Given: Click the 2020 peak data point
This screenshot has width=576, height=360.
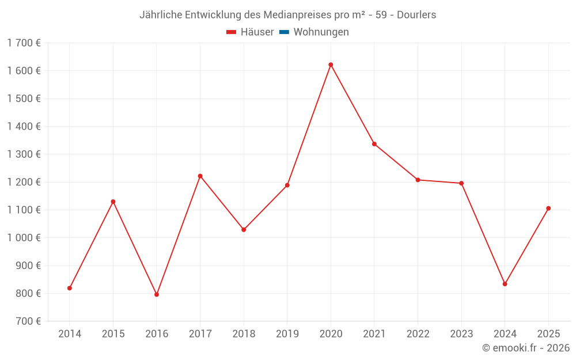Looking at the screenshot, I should pyautogui.click(x=331, y=65).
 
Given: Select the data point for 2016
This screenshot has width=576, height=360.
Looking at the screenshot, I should pyautogui.click(x=157, y=294).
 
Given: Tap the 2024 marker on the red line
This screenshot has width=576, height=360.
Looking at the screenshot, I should pyautogui.click(x=505, y=284).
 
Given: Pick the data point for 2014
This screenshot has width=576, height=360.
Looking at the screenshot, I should pyautogui.click(x=70, y=288).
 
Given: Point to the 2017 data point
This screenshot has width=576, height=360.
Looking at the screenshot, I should pyautogui.click(x=200, y=176).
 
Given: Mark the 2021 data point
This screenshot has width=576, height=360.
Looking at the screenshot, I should pyautogui.click(x=374, y=144).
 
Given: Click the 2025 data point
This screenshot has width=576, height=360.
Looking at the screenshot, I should pyautogui.click(x=548, y=209).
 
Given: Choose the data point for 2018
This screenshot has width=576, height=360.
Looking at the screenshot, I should pyautogui.click(x=244, y=230).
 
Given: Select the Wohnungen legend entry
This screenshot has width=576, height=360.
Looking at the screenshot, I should pyautogui.click(x=321, y=32).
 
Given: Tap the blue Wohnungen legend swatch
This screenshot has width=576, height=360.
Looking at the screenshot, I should pyautogui.click(x=284, y=32).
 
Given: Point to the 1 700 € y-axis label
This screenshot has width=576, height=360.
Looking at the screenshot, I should pyautogui.click(x=24, y=43).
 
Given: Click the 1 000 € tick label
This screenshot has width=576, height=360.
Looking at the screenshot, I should pyautogui.click(x=24, y=238).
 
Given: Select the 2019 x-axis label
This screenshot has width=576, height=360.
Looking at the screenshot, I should pyautogui.click(x=287, y=334).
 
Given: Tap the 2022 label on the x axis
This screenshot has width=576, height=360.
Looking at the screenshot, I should pyautogui.click(x=418, y=334).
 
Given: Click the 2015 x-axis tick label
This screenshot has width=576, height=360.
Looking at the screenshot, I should pyautogui.click(x=113, y=334).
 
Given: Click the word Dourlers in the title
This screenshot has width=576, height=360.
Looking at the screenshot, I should pyautogui.click(x=416, y=14).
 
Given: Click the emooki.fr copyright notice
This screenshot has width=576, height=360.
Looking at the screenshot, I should pyautogui.click(x=525, y=348).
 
